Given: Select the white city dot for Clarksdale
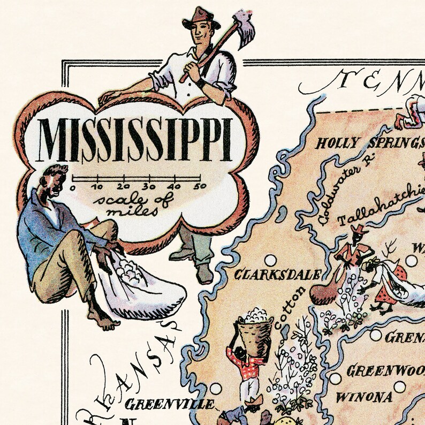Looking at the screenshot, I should click(270, 261).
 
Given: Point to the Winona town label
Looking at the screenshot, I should click(363, 398).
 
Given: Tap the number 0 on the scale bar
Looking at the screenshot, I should click(73, 187).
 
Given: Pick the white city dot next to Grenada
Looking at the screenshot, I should click(376, 336).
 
